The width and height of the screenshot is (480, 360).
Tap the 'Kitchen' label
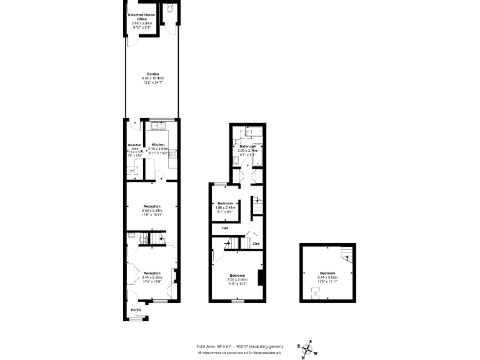tap(158, 144)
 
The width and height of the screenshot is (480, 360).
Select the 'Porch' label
tap(136, 309)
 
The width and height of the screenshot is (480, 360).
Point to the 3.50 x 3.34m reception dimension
tap(152, 211)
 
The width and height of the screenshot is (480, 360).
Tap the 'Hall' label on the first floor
tap(216, 228)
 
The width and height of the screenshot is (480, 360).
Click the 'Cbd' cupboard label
tap(256, 243)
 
